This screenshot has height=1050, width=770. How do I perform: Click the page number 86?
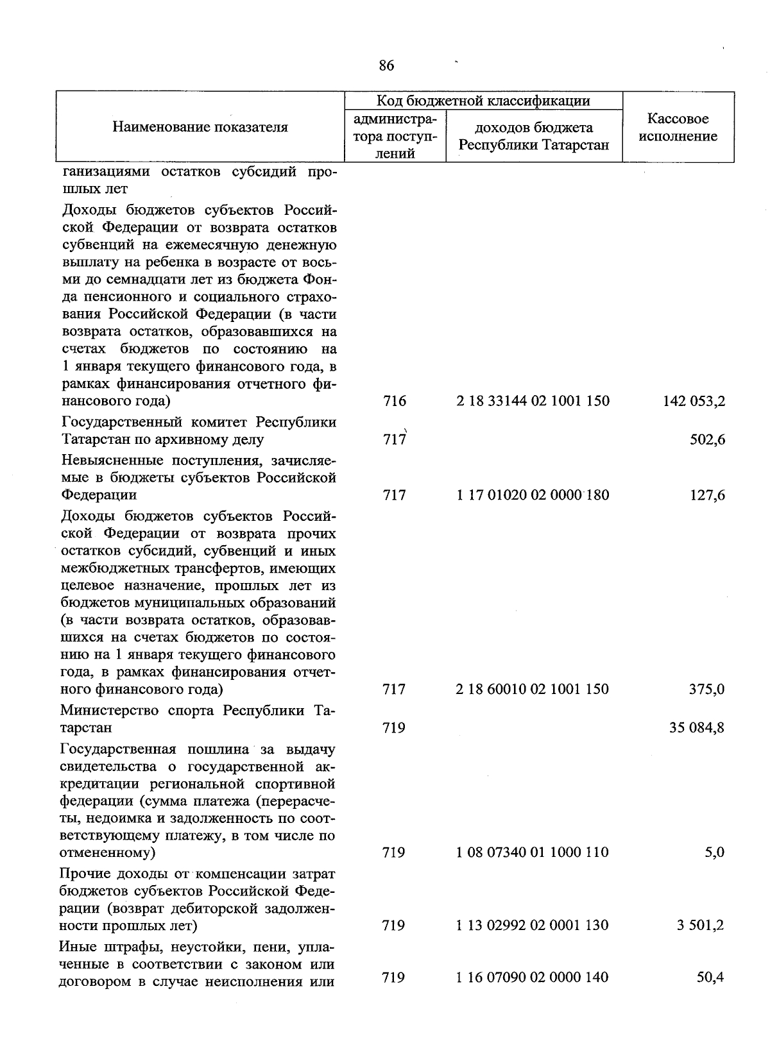pyautogui.click(x=386, y=65)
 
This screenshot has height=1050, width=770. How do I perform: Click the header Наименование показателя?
pyautogui.click(x=200, y=127)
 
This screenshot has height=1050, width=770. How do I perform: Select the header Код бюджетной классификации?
pyautogui.click(x=483, y=101)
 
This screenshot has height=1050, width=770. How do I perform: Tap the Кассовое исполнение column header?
pyautogui.click(x=678, y=127)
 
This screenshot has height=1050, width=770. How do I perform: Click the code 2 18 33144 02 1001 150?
pyautogui.click(x=533, y=402)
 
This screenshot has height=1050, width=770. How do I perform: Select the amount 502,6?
pyautogui.click(x=708, y=440)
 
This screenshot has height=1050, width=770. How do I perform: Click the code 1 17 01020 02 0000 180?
pyautogui.click(x=533, y=495)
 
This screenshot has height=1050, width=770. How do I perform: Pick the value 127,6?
pyautogui.click(x=708, y=495)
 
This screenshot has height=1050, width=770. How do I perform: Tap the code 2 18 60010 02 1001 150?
pyautogui.click(x=533, y=690)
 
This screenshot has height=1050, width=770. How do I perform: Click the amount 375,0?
pyautogui.click(x=708, y=690)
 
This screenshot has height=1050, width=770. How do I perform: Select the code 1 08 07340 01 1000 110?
pyautogui.click(x=533, y=852)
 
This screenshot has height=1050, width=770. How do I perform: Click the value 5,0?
pyautogui.click(x=714, y=852)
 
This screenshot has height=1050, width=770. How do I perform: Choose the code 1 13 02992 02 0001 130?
pyautogui.click(x=533, y=926)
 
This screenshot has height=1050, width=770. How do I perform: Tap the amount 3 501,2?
pyautogui.click(x=701, y=926)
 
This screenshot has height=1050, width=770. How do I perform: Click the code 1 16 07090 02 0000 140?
pyautogui.click(x=533, y=978)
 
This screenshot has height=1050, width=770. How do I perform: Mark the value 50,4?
pyautogui.click(x=711, y=978)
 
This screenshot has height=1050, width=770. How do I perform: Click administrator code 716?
pyautogui.click(x=394, y=402)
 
